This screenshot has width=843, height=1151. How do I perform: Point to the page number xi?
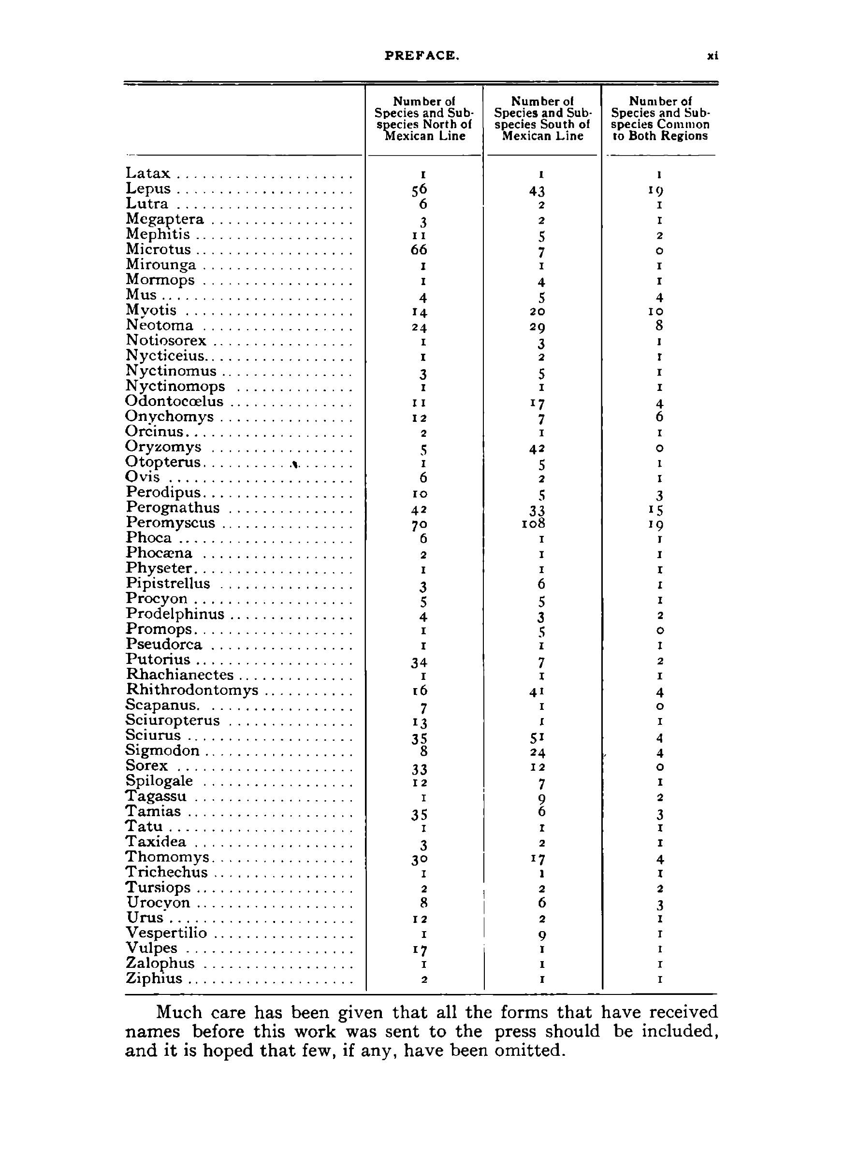tap(712, 56)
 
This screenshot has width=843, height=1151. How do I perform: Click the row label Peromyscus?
tap(171, 523)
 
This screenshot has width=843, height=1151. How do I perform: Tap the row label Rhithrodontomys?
tap(192, 691)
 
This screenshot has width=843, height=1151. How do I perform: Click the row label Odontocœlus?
tap(174, 402)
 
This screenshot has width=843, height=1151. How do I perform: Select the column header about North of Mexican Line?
tap(423, 118)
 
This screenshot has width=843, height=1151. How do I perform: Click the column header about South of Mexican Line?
tap(542, 118)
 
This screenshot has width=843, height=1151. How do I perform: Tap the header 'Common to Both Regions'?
tap(660, 118)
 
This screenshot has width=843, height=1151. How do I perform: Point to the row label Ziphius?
tap(154, 978)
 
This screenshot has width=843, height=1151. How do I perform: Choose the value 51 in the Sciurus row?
tap(541, 738)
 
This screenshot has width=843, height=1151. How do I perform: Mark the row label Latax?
tap(148, 173)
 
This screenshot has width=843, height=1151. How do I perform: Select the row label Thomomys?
tap(167, 857)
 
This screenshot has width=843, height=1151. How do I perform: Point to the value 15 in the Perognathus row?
tap(659, 510)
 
